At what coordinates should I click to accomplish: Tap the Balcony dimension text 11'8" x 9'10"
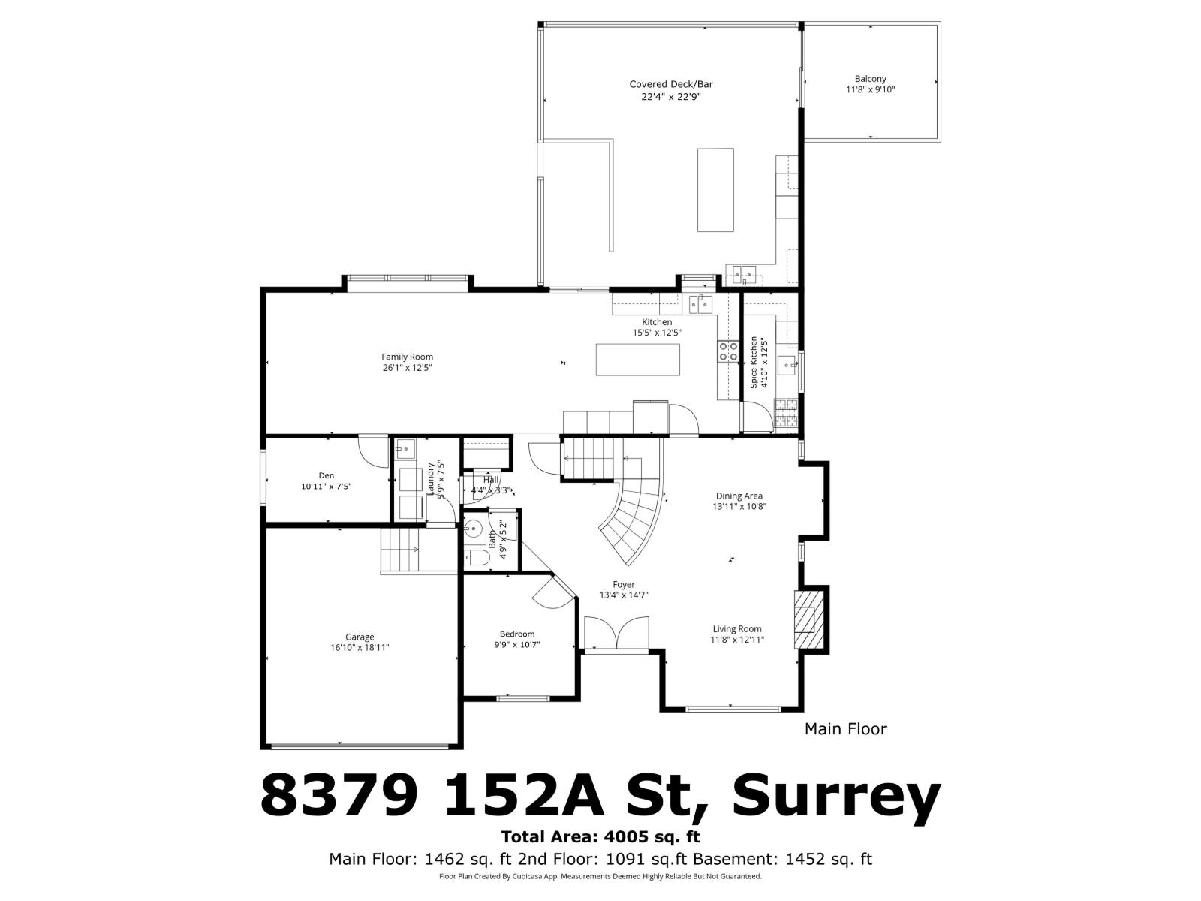point(870,89)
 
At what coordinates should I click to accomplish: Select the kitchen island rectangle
point(638,359)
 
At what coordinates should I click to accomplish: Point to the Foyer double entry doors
point(616,632)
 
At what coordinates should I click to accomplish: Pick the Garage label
point(360,637)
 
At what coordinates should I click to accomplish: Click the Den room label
point(326,475)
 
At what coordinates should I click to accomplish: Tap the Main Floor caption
point(845,728)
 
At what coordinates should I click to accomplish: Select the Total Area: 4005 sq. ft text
point(600,836)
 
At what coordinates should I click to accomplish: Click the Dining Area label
point(739,496)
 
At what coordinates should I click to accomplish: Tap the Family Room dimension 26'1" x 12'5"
point(407,368)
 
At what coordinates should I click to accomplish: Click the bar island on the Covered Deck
point(715,190)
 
